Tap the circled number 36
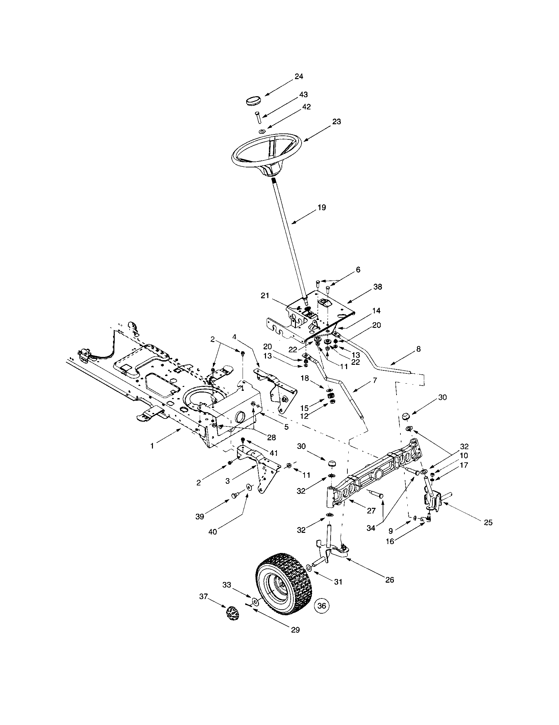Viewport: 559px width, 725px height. pos(321,605)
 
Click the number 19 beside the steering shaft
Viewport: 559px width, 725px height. pos(321,208)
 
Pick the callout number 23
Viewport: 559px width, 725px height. pos(336,122)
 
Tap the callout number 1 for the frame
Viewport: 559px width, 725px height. pos(152,446)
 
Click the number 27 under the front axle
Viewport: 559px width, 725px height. pos(371,510)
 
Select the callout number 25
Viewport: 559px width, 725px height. pos(487,522)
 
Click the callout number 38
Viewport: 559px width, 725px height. pos(377,286)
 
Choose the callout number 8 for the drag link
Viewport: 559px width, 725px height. pos(418,349)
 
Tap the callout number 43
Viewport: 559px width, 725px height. pos(303,95)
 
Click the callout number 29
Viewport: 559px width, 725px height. pos(295,629)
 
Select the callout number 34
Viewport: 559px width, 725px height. pos(370,528)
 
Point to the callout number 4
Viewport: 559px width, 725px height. pos(235,336)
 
